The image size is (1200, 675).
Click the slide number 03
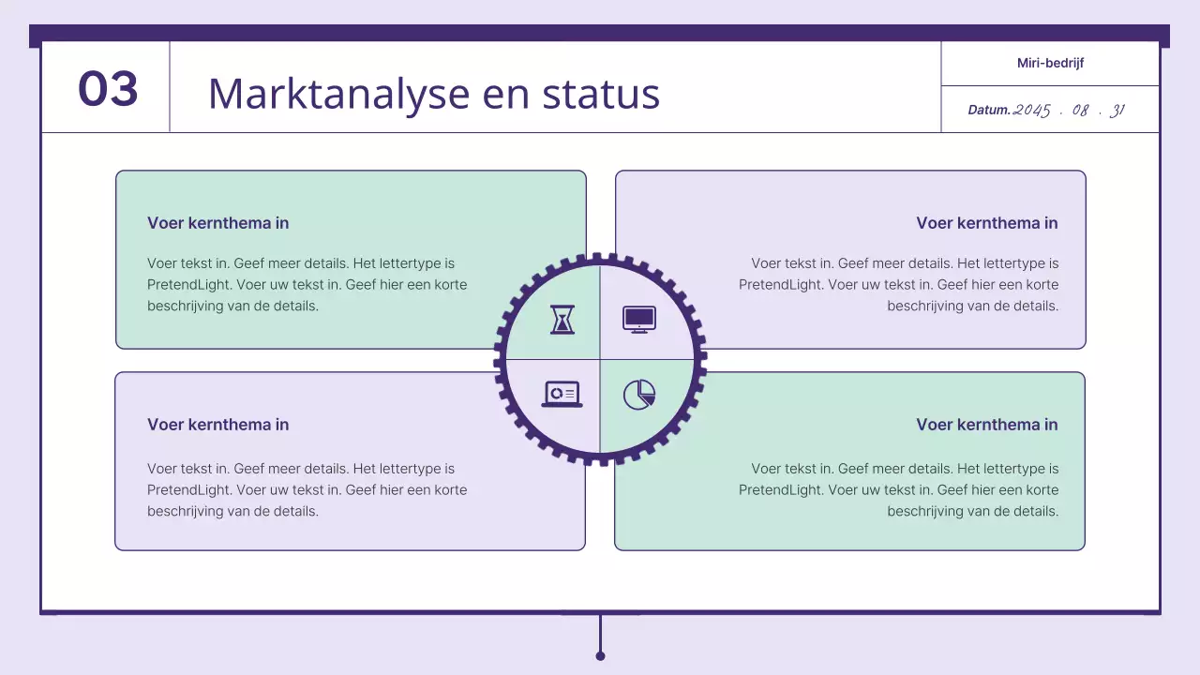(108, 89)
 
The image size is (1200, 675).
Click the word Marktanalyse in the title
(338, 94)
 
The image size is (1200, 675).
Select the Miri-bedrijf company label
(1050, 64)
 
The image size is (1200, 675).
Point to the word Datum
(989, 111)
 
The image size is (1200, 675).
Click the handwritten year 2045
(1032, 111)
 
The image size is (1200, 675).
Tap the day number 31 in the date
(1117, 111)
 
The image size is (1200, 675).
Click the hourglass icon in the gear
(562, 320)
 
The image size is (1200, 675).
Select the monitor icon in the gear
(639, 320)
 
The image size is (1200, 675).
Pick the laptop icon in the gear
(562, 394)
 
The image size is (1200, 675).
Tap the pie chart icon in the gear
(639, 395)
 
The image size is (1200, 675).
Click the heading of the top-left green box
(217, 223)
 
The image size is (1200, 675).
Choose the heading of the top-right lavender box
(986, 223)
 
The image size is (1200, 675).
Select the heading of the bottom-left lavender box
(217, 425)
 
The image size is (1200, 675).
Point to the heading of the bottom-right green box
(986, 425)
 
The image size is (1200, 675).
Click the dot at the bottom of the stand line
(600, 656)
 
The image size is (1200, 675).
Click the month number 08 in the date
(1081, 111)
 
